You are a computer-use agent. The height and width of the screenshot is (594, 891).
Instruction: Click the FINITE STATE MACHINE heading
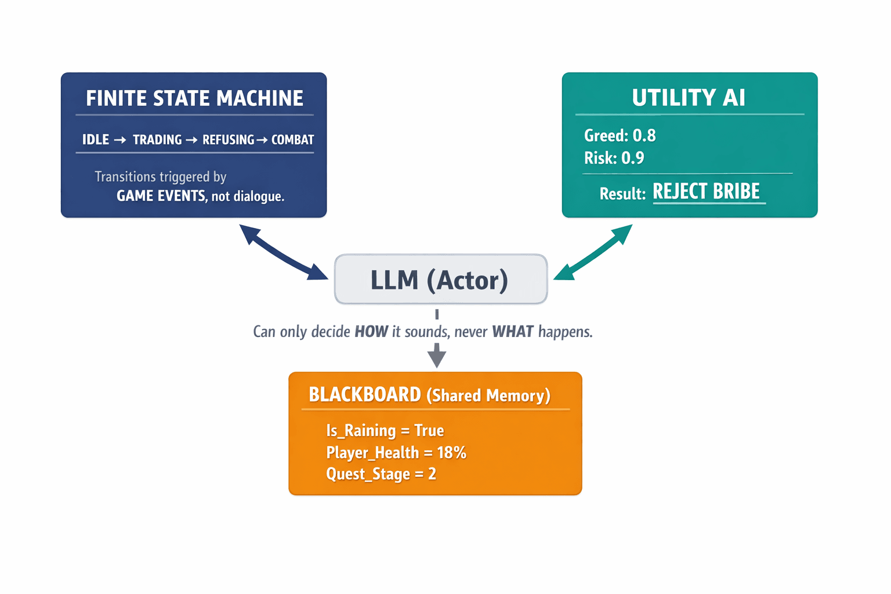pos(194,98)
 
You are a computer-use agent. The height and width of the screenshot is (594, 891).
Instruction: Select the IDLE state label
pos(96,140)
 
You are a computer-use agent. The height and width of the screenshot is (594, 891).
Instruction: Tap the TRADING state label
pos(157,140)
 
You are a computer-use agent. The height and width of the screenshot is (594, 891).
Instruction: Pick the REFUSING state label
pos(228,140)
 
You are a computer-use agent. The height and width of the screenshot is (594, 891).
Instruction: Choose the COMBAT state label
pos(292,140)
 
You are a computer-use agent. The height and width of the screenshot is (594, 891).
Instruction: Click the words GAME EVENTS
pos(161,196)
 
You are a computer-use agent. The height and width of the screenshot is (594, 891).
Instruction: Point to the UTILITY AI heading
pos(689,97)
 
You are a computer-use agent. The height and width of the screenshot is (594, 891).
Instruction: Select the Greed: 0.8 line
pos(620,136)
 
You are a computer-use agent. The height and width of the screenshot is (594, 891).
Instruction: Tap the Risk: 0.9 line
pos(614,158)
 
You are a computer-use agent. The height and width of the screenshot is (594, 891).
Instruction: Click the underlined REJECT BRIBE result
pos(706,191)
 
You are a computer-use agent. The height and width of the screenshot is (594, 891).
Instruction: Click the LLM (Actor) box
pos(440,280)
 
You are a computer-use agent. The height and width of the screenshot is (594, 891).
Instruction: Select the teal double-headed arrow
pos(593,252)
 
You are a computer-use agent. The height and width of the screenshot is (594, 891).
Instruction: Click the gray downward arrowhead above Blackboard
pos(437,355)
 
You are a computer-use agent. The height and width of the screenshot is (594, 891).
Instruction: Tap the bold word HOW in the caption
pos(371,332)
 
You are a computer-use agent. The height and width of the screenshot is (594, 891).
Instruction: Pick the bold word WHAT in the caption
pos(512,332)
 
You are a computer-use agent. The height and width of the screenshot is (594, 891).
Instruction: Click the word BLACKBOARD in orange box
pos(364,395)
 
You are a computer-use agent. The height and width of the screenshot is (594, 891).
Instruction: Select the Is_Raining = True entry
pos(385,430)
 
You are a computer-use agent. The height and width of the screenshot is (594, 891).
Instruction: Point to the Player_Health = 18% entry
pos(396,452)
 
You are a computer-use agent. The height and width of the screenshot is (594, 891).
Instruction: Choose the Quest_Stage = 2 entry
pos(381,474)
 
